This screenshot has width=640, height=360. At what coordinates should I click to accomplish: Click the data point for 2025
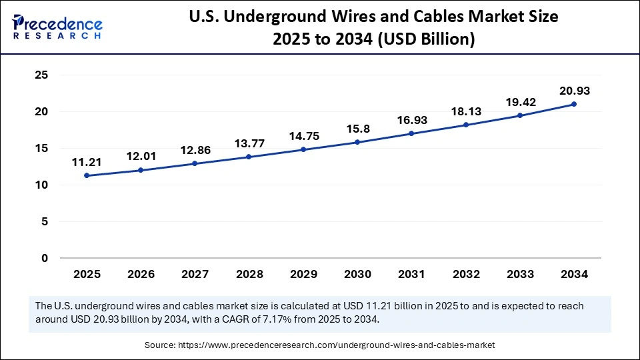87,176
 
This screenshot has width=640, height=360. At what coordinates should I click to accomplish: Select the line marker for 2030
357,142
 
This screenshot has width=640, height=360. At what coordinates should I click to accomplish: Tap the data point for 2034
574,104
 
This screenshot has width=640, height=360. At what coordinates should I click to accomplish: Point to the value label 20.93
574,91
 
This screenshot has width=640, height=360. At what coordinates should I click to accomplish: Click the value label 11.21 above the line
87,161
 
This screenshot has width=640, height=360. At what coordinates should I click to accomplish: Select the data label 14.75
303,136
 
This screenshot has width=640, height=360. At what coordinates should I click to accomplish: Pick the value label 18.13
466,111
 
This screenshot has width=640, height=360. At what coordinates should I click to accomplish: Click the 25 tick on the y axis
41,75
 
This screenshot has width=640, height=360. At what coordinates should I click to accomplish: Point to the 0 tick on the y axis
45,258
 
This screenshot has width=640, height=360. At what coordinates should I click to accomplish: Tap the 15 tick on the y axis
41,149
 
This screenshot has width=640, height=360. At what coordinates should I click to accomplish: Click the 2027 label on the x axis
195,274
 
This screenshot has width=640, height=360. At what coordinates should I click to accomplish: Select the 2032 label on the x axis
466,274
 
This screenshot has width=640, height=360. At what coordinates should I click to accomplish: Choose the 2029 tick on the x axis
303,274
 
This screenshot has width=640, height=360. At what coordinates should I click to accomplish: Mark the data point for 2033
520,115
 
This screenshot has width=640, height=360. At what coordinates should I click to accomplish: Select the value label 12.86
195,150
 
